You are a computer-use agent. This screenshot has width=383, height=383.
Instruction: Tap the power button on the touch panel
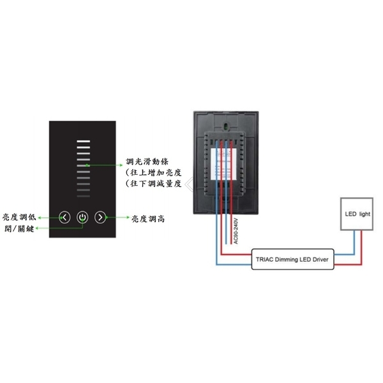pos(82,218)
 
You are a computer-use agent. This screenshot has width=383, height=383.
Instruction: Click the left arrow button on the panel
pos(64,218)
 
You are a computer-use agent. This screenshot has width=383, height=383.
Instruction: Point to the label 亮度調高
pos(149,218)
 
